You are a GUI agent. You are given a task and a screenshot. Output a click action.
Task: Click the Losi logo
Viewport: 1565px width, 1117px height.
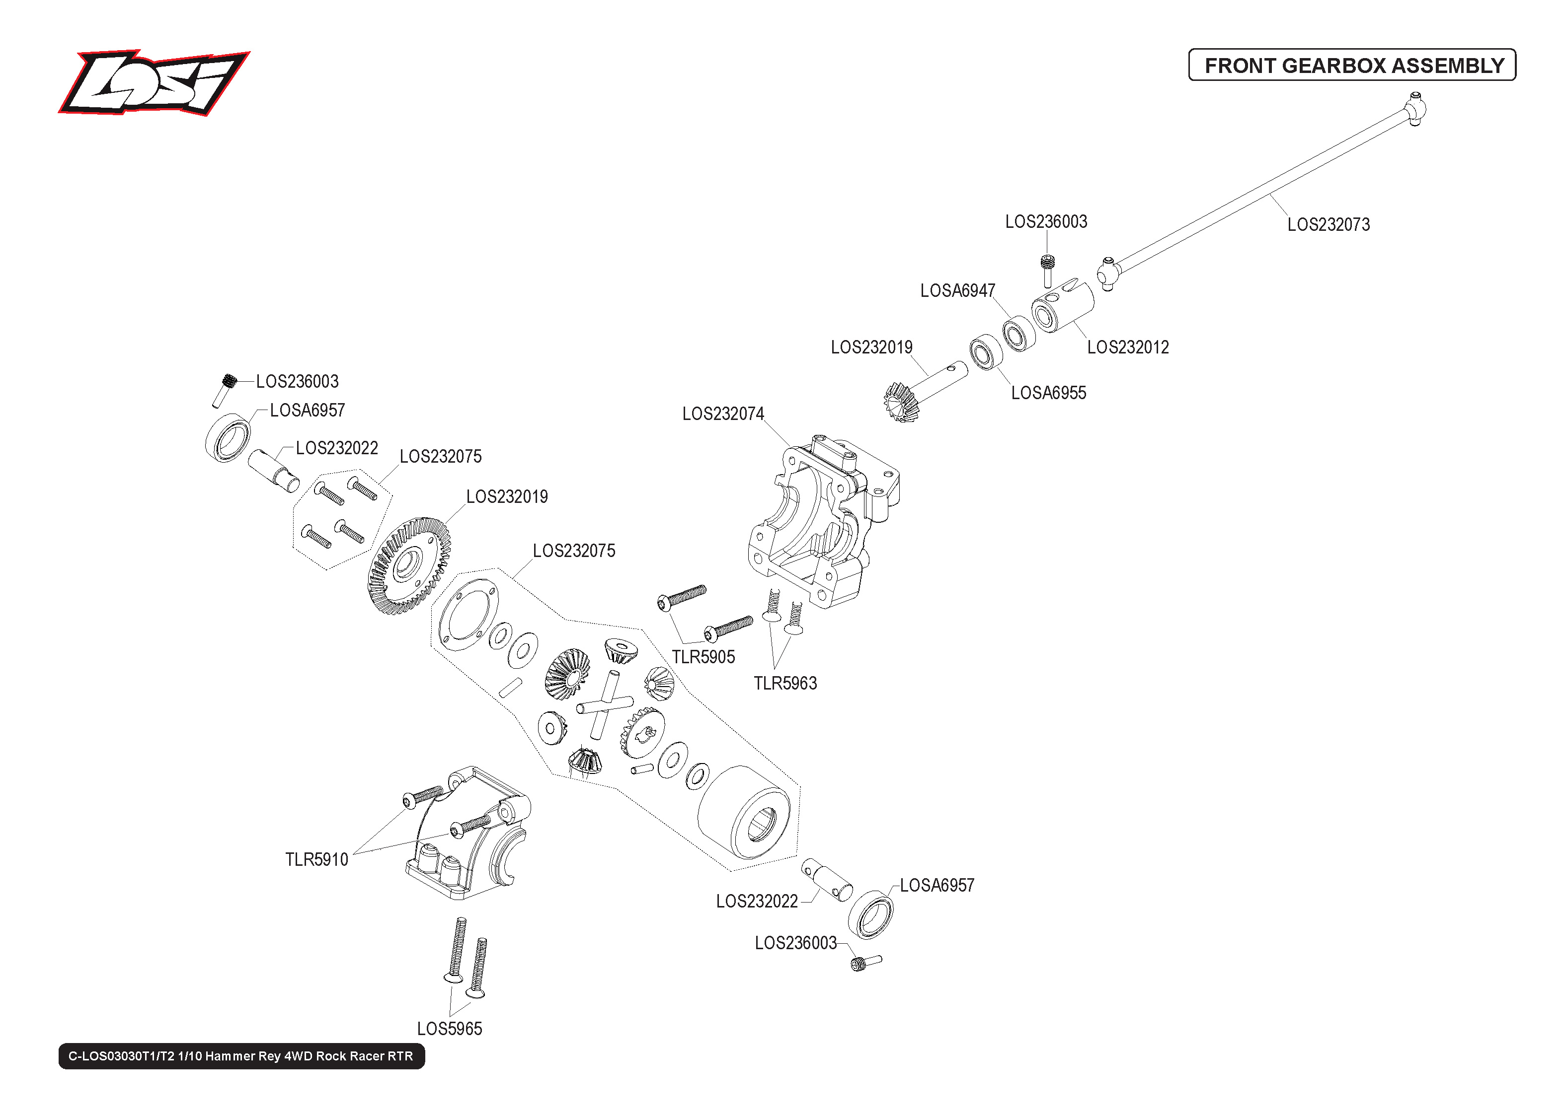pyautogui.click(x=153, y=82)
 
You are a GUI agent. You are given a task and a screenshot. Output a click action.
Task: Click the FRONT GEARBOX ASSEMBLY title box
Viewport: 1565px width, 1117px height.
pyautogui.click(x=1352, y=66)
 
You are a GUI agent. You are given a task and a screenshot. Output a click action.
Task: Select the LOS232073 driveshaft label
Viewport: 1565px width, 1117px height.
pyautogui.click(x=1328, y=225)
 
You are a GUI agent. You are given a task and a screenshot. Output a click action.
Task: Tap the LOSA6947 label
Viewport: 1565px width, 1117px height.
pyautogui.click(x=957, y=291)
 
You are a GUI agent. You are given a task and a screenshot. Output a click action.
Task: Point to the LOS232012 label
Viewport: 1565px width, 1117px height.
pyautogui.click(x=1128, y=348)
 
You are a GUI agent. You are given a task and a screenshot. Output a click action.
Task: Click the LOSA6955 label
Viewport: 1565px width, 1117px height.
pyautogui.click(x=1048, y=393)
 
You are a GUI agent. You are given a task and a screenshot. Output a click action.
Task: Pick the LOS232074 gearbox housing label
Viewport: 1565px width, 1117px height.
pyautogui.click(x=722, y=414)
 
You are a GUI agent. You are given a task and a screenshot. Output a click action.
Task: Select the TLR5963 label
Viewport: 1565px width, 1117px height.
pyautogui.click(x=785, y=684)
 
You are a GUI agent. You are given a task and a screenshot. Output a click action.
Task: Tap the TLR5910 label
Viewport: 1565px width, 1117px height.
pyautogui.click(x=316, y=860)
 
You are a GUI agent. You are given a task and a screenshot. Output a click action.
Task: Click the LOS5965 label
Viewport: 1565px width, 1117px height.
pyautogui.click(x=450, y=1029)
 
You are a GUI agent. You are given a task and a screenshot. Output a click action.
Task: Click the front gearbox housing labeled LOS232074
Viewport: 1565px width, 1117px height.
pyautogui.click(x=819, y=523)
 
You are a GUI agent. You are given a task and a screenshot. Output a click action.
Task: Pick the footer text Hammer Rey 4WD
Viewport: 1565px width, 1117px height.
pyautogui.click(x=241, y=1056)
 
